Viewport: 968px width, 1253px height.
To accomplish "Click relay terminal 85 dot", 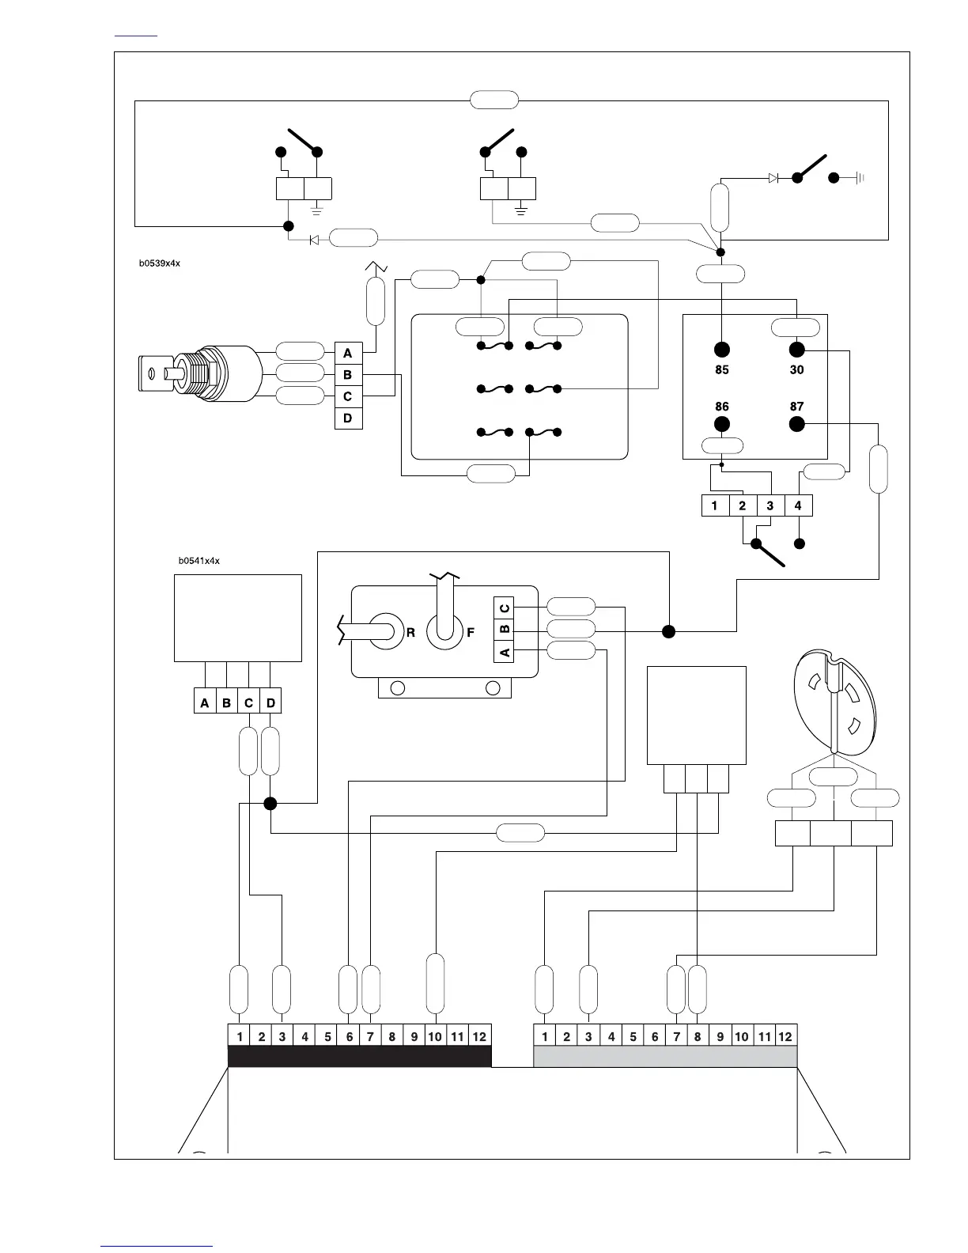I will pos(721,350).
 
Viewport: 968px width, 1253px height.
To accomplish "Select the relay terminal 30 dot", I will pos(796,350).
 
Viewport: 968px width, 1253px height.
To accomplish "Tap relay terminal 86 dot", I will pos(721,425).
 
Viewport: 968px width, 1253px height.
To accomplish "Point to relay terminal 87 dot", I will pos(796,425).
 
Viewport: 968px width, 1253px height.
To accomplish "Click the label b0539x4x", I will pos(160,263).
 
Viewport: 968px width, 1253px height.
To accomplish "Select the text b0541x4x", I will pos(199,561).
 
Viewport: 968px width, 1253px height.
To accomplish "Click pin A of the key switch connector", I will pos(348,354).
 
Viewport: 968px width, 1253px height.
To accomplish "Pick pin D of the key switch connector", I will pos(348,418).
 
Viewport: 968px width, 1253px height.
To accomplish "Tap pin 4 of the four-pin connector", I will pos(798,505).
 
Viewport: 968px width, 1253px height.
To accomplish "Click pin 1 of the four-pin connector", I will pos(715,505).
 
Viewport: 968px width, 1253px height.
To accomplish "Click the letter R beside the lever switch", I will pos(411,632).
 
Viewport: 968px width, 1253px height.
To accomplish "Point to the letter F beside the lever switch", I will pos(471,632).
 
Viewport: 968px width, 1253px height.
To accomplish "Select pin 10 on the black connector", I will pos(435,1036).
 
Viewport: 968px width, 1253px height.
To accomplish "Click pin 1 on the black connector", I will pos(239,1036).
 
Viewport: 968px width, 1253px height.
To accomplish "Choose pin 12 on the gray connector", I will pos(785,1036).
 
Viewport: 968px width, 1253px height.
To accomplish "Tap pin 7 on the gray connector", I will pos(676,1036).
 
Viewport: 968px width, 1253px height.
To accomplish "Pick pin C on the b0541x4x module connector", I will pos(248,702).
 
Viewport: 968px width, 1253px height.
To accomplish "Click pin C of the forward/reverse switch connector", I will pos(505,608).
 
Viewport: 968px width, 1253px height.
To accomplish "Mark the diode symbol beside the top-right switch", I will pos(773,178).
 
